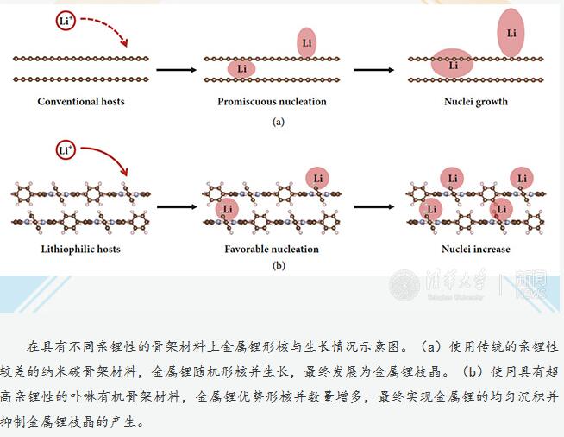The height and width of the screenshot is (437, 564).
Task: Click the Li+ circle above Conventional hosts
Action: click(x=66, y=20)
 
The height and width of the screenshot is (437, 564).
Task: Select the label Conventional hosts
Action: click(x=81, y=101)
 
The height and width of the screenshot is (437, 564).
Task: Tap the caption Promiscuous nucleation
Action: click(x=272, y=101)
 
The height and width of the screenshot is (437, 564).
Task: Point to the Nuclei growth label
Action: click(x=475, y=101)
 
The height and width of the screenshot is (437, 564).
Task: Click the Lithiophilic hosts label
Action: click(x=81, y=250)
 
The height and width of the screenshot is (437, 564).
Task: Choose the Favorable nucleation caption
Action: click(x=272, y=250)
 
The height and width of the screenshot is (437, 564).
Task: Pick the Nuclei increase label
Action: click(x=475, y=250)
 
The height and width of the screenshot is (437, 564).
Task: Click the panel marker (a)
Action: click(x=278, y=123)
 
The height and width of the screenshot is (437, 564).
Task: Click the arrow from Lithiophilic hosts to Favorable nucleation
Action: click(x=173, y=207)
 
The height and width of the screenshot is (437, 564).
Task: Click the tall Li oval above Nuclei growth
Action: click(x=511, y=33)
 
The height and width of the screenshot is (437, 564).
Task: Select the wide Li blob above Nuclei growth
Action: click(x=453, y=64)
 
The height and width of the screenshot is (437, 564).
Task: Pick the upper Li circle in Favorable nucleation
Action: click(x=317, y=178)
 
